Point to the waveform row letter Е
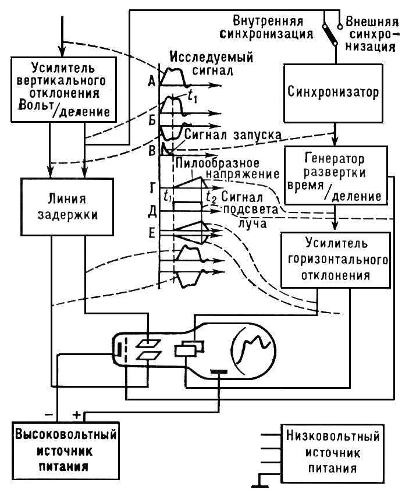pyautogui.click(x=151, y=233)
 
